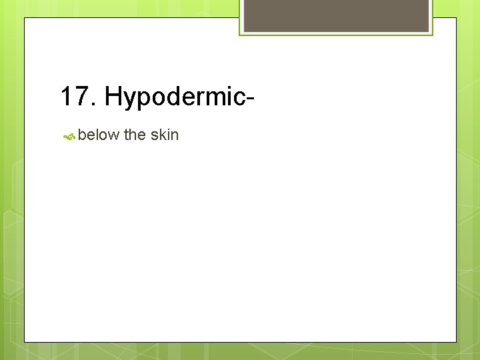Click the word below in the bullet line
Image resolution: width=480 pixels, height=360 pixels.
98,135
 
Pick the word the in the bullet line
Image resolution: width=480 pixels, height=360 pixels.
135,135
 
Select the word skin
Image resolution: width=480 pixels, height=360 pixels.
165,135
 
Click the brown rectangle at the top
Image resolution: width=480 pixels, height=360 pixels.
336,15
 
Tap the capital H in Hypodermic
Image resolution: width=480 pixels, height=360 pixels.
113,97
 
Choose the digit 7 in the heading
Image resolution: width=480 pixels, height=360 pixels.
83,97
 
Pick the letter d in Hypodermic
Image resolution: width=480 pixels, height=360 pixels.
175,97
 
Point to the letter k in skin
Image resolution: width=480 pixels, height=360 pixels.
161,135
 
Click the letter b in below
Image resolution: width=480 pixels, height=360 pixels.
81,135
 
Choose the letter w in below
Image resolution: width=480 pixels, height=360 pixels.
113,136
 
